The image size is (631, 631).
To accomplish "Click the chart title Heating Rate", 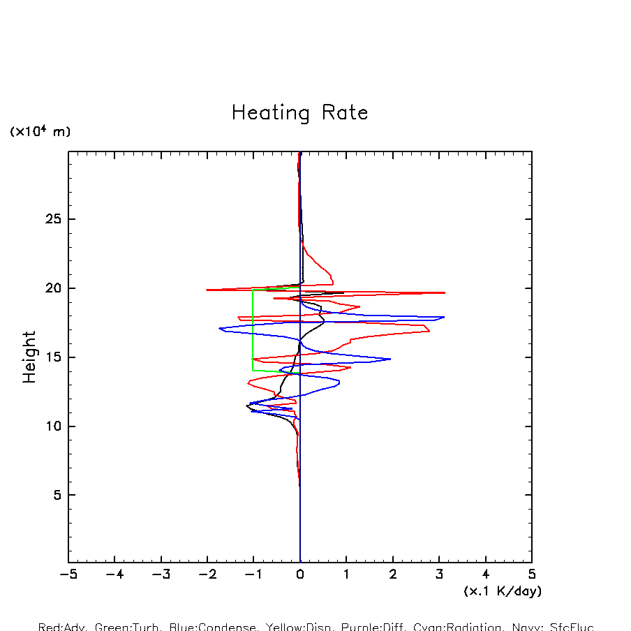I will (299, 113).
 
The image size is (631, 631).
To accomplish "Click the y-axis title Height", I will (29, 357).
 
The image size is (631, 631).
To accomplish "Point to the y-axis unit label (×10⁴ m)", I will (40, 132).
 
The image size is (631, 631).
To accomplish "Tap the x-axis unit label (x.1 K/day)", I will (503, 591).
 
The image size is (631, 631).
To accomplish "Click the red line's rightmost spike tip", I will (445, 292).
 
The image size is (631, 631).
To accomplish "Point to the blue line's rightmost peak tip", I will (444, 317).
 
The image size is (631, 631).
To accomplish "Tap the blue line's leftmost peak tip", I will (219, 328).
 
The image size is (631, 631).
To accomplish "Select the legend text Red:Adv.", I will (61, 627).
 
